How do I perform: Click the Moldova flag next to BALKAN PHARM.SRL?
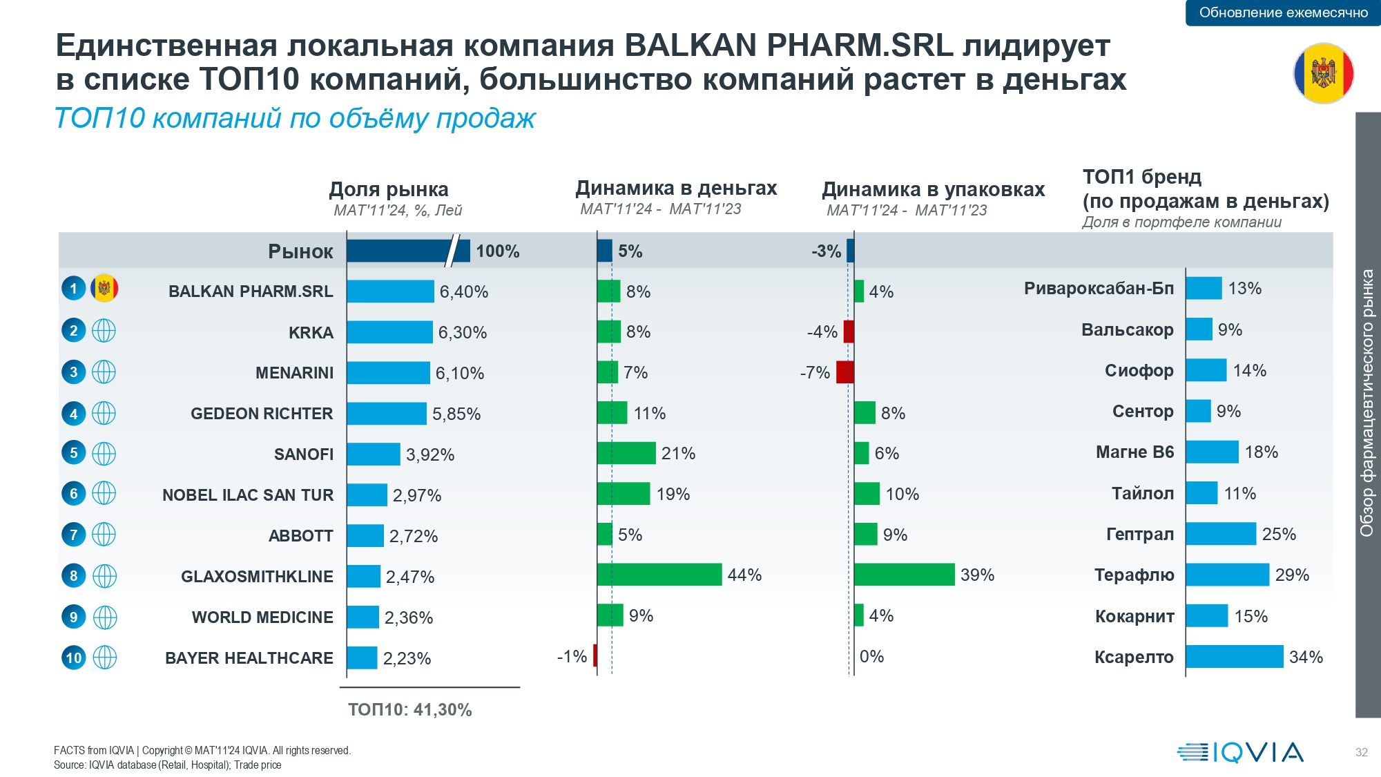(x=104, y=288)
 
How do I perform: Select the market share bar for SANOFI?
(x=373, y=454)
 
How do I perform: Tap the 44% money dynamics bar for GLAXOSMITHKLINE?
(x=659, y=575)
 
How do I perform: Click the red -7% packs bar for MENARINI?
(x=844, y=372)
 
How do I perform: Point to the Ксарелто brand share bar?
(x=1234, y=657)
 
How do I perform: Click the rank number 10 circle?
(x=74, y=658)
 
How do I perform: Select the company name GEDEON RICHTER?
(x=262, y=414)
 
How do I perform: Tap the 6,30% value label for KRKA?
(x=463, y=332)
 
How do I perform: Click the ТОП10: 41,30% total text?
(x=410, y=710)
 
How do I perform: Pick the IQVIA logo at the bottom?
(x=1240, y=752)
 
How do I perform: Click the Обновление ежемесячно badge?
(x=1283, y=12)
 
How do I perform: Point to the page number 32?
(x=1361, y=752)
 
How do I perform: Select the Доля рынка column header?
(x=389, y=189)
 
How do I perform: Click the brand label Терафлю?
(x=1134, y=575)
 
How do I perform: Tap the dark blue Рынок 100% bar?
(x=407, y=251)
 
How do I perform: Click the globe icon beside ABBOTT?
(x=104, y=535)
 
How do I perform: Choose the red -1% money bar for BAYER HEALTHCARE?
(x=595, y=656)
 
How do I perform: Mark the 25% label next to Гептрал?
(x=1279, y=534)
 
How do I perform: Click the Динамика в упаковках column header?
(x=933, y=189)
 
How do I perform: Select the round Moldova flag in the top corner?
(x=1323, y=73)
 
